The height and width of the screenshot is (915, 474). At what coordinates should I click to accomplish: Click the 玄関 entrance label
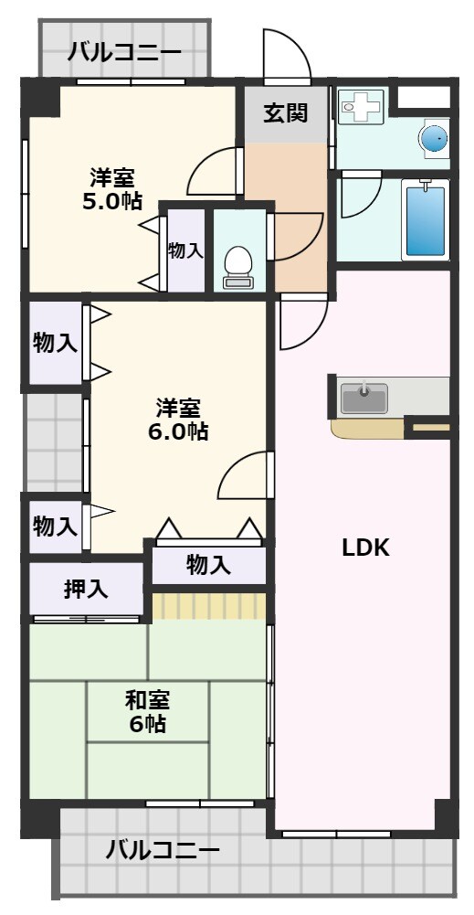tap(285, 113)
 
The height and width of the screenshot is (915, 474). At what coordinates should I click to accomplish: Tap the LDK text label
tap(365, 548)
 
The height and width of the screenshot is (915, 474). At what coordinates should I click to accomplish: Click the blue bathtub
tap(425, 220)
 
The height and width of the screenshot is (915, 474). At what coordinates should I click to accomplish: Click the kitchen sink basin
tap(363, 398)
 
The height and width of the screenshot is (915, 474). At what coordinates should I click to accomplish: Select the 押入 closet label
tap(86, 590)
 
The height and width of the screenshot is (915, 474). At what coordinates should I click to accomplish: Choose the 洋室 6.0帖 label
tap(178, 419)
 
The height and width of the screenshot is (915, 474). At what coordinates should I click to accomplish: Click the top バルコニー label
tap(124, 51)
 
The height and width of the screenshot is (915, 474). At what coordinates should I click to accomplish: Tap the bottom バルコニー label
tap(163, 850)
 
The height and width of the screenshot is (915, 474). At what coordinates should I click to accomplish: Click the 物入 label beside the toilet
tap(185, 250)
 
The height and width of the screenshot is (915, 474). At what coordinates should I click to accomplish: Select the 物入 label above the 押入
tap(55, 526)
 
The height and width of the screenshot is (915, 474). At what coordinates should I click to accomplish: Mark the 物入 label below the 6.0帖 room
tap(208, 564)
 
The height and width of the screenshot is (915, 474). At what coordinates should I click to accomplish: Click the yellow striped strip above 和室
tap(208, 606)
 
